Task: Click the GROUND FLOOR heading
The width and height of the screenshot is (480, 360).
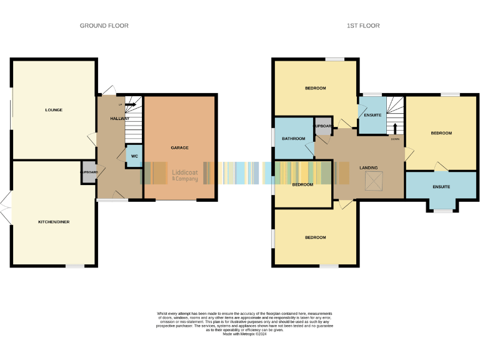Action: [x=104, y=26]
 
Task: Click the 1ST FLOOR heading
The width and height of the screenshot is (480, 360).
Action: [x=364, y=26]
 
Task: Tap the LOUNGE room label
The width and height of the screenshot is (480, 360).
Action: [x=54, y=110]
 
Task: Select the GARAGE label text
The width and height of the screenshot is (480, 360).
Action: [x=179, y=148]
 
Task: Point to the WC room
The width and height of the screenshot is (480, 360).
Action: [x=134, y=156]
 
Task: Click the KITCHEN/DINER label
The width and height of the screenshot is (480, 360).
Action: [x=54, y=222]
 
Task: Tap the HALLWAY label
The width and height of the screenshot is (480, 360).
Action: [x=119, y=118]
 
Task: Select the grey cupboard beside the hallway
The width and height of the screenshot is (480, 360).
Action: [x=89, y=172]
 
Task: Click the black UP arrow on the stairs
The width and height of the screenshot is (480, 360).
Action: [x=129, y=105]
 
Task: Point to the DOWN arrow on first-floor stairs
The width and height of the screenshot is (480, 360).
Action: [x=394, y=129]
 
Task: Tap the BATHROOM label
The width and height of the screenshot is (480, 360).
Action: [x=293, y=138]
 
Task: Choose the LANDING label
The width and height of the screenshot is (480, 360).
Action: [x=368, y=167]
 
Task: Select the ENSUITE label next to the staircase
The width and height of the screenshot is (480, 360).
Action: [x=372, y=115]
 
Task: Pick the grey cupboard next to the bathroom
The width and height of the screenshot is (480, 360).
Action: [x=323, y=126]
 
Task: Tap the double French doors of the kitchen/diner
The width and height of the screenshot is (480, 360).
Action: [x=5, y=208]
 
